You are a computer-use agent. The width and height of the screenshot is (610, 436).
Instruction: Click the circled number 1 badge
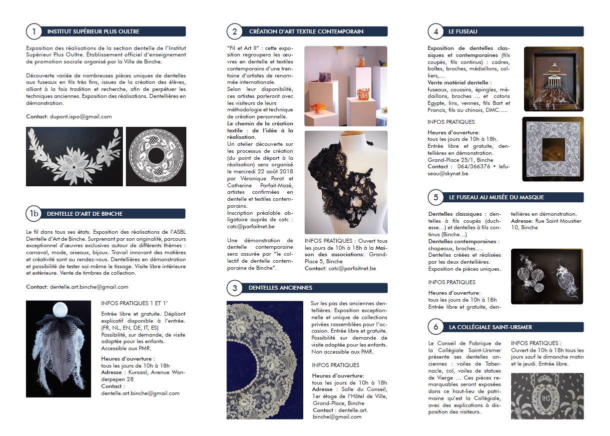click(x=33, y=32)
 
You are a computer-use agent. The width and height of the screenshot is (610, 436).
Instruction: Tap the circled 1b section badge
click(x=33, y=214)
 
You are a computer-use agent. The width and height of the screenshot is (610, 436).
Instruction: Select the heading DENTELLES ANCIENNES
click(x=280, y=288)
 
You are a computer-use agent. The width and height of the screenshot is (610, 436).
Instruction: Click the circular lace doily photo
click(x=156, y=156)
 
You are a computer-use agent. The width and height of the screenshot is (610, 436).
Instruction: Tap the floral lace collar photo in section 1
click(x=74, y=156)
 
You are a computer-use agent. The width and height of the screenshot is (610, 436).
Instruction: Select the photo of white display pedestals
click(x=346, y=86)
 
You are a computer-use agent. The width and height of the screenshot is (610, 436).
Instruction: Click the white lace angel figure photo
click(x=58, y=349)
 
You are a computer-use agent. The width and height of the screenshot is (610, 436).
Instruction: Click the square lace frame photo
click(x=553, y=149)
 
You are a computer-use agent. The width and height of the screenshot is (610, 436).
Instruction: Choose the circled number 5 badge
click(x=436, y=197)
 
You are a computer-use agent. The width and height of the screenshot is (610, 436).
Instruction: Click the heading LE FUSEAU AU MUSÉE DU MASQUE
click(x=496, y=197)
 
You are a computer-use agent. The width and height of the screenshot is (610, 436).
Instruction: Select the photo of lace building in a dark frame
click(x=554, y=79)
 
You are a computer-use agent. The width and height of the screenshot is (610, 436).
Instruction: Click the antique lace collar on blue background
click(x=265, y=360)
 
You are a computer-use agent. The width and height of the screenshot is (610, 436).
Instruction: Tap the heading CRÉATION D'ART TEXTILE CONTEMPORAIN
click(x=306, y=32)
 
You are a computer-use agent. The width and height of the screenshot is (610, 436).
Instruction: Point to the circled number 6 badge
click(x=436, y=327)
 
